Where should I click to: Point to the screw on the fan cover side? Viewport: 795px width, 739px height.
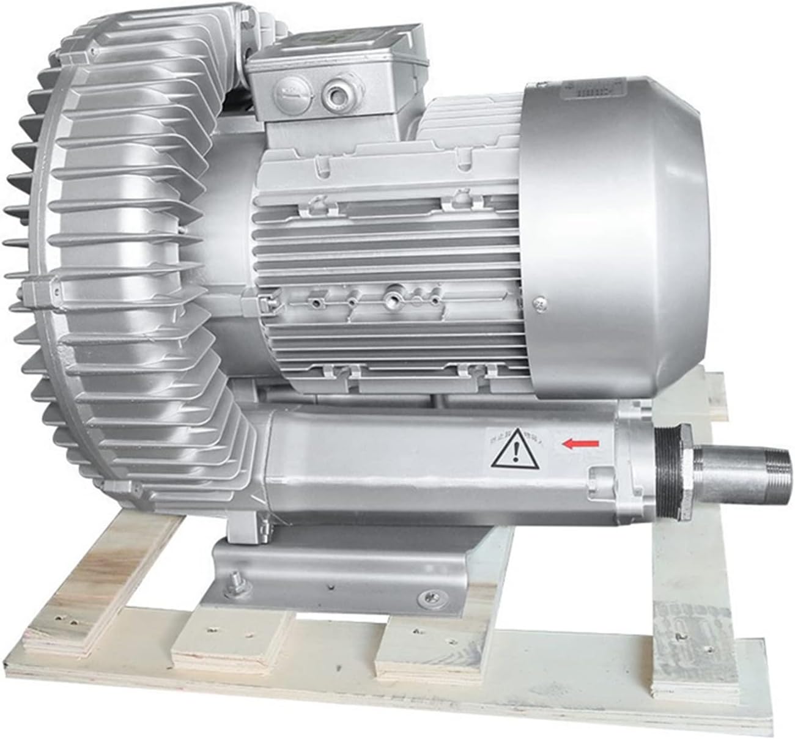[x=539, y=301]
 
